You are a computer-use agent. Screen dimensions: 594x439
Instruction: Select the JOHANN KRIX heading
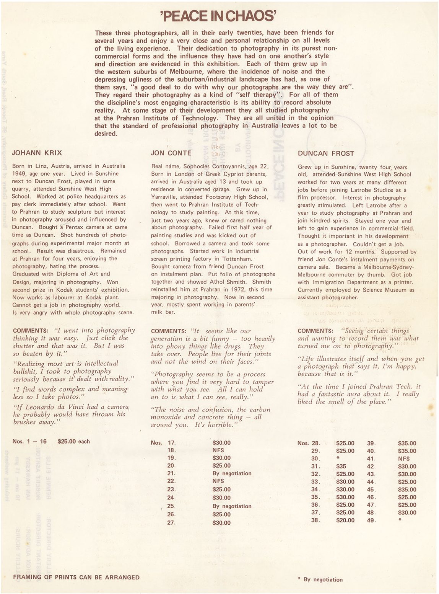coord(37,153)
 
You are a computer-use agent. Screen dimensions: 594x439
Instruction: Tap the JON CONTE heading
coord(171,153)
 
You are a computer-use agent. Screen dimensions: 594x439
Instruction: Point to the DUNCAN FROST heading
coord(326,153)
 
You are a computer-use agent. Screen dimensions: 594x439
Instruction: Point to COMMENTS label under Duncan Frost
coord(315,331)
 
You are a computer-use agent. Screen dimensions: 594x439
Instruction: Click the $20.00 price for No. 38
coord(345,521)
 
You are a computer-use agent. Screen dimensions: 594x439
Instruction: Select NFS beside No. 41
coord(403,459)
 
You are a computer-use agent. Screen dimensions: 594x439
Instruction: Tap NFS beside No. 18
coord(218,450)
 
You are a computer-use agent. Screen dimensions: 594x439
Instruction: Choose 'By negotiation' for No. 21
coord(232,473)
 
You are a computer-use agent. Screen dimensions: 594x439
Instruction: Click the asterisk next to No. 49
coord(399,521)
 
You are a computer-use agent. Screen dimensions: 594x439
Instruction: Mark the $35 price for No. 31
coord(341,466)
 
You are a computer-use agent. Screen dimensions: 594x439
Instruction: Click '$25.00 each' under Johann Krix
coord(73,441)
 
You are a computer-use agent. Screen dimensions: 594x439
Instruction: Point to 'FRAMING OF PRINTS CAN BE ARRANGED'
coord(76,577)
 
